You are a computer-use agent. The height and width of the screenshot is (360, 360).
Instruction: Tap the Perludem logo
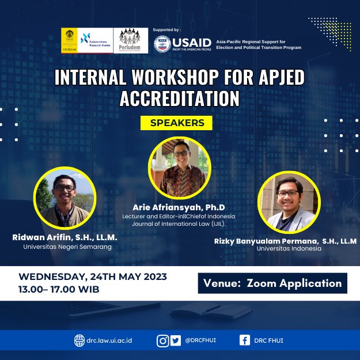tap(130, 41)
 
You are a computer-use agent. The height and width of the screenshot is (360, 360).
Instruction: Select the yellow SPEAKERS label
tap(177, 123)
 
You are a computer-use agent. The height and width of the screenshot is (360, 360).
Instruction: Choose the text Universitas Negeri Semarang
tap(67, 246)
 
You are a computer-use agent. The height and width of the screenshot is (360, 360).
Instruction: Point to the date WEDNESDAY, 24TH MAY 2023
tap(93, 277)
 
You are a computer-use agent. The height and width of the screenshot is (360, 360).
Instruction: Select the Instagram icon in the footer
tap(162, 340)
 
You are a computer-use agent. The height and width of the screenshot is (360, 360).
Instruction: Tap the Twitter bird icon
tap(175, 340)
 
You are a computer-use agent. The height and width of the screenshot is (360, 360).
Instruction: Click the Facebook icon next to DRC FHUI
tap(245, 340)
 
